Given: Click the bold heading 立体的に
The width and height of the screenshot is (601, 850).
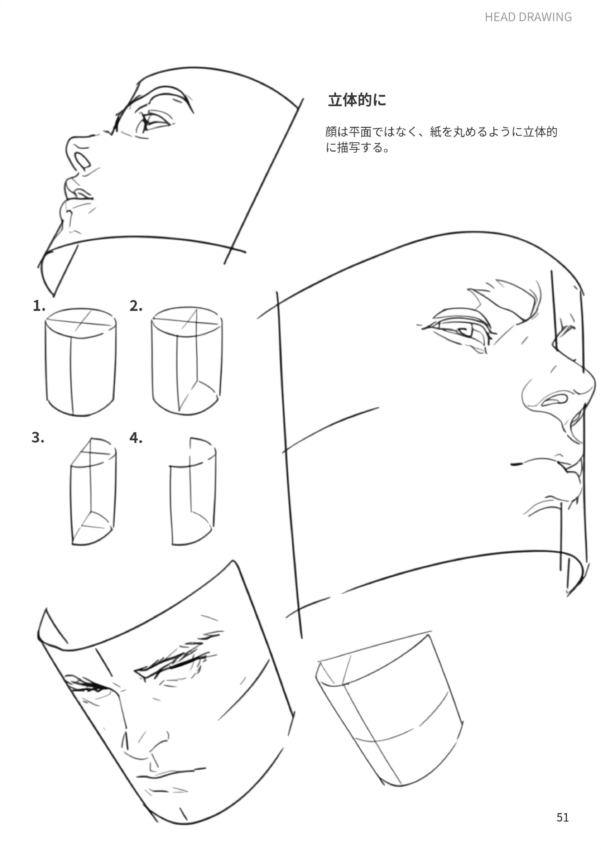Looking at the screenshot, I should (x=357, y=100).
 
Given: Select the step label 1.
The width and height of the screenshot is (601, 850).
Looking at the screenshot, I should (x=39, y=306).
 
